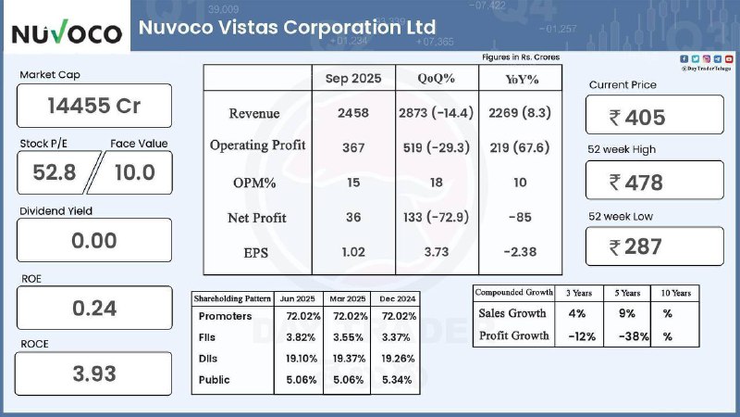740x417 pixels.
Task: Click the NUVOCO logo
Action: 67,33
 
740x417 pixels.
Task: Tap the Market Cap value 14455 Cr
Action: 94,106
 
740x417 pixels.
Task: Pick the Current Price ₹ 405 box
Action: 654,117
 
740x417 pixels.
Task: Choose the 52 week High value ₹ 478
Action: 654,182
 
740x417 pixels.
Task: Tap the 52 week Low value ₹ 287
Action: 654,246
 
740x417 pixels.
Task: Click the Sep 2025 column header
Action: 353,79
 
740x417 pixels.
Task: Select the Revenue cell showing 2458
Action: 353,113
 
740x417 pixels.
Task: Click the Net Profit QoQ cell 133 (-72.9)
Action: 437,218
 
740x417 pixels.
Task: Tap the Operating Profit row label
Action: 257,145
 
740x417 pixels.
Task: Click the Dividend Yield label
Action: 55,211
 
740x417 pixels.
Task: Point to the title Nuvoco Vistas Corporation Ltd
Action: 287,27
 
